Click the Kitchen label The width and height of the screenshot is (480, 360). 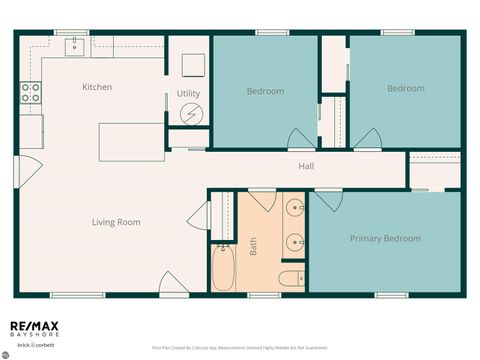tap(97, 87)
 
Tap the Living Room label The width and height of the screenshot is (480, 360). tap(116, 222)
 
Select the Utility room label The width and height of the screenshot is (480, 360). tap(189, 93)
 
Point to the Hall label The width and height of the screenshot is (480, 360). tap(306, 166)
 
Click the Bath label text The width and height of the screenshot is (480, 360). tap(253, 245)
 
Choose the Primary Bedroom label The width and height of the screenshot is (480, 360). tap(385, 239)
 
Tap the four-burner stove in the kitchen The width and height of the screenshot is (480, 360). tap(31, 94)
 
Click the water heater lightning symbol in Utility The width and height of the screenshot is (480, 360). tap(190, 114)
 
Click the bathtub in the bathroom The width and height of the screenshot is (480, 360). tap(223, 268)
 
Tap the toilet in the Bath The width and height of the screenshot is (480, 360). tap(290, 279)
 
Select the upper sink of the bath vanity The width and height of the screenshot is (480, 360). tap(294, 209)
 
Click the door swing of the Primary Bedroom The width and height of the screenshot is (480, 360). tap(329, 201)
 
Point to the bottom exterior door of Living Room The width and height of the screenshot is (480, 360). tap(173, 284)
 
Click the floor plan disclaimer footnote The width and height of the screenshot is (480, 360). tap(239, 348)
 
